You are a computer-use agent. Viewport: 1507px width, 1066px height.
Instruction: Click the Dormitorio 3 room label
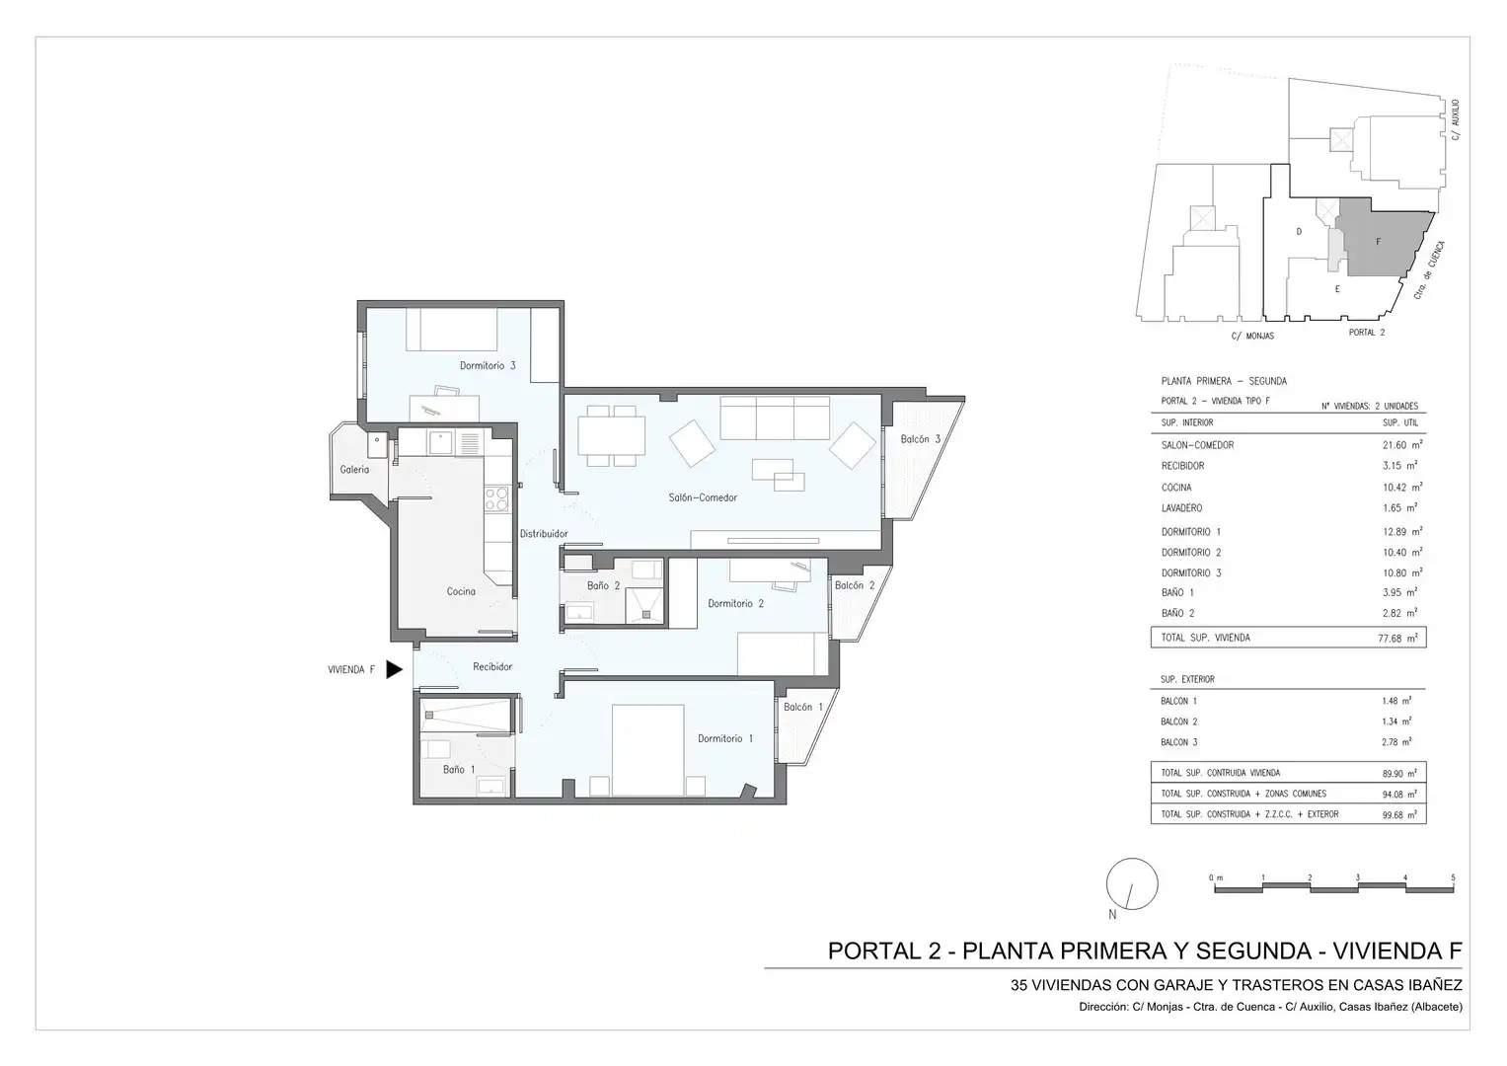point(488,365)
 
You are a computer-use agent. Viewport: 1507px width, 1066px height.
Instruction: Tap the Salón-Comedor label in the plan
point(703,497)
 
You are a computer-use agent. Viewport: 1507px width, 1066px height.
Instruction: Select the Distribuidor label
point(544,534)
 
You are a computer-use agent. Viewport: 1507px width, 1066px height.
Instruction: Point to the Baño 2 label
point(603,585)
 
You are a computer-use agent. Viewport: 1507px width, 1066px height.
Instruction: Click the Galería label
point(354,470)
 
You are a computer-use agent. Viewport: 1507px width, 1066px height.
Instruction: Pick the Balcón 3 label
point(921,439)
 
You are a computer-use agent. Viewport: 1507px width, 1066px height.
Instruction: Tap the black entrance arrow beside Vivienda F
point(394,669)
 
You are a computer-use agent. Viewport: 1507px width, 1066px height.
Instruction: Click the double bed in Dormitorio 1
point(647,750)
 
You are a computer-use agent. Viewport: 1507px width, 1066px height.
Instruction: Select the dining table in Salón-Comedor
point(611,436)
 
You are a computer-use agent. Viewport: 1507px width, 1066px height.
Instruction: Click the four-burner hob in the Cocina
point(496,499)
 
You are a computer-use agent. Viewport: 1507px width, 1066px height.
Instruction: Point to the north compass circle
point(1132,883)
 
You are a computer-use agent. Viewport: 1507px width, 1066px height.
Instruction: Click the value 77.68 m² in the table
point(1397,638)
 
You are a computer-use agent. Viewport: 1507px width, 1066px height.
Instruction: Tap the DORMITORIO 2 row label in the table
point(1191,553)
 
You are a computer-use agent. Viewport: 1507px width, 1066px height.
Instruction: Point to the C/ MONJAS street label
point(1252,336)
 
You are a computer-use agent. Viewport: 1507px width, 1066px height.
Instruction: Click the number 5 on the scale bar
point(1453,877)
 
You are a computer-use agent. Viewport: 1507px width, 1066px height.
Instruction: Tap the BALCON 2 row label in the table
point(1178,722)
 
